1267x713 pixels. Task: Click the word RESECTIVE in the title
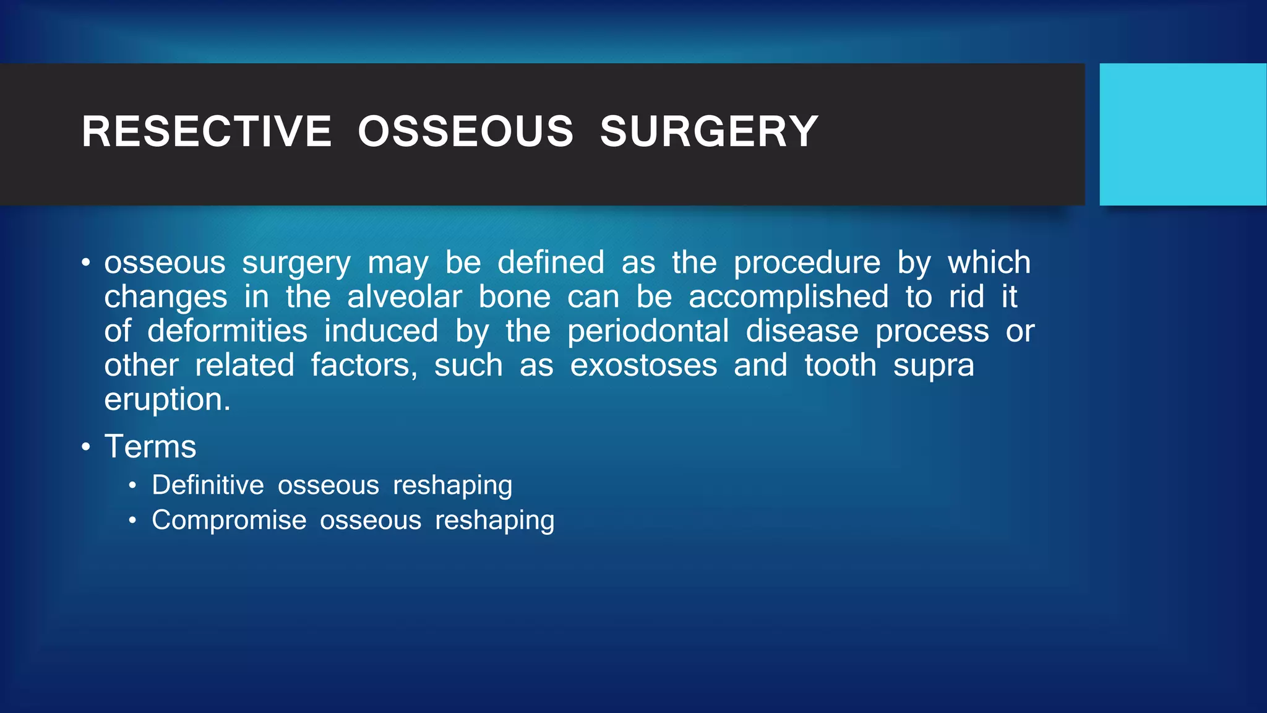(x=207, y=132)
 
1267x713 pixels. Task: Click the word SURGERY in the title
(x=709, y=132)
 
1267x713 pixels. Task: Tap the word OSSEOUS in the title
(x=466, y=132)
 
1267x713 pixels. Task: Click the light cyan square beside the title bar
(x=1182, y=134)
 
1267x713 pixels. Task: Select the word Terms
(x=150, y=446)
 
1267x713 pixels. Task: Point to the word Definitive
(x=208, y=485)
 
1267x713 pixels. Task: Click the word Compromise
(x=229, y=521)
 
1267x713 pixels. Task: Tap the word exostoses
(x=643, y=365)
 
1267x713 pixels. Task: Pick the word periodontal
(x=648, y=331)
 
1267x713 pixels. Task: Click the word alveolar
(x=404, y=297)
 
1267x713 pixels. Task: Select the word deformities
(x=227, y=331)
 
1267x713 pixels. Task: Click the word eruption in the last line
(x=166, y=400)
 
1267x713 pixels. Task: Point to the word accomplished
(x=789, y=297)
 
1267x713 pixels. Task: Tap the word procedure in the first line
(x=807, y=263)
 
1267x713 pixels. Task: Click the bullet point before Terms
(x=86, y=447)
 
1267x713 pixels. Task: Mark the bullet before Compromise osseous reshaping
(x=132, y=521)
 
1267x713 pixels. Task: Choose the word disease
(x=802, y=331)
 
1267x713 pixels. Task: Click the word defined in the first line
(x=551, y=263)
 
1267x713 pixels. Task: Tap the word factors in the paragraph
(x=364, y=365)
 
